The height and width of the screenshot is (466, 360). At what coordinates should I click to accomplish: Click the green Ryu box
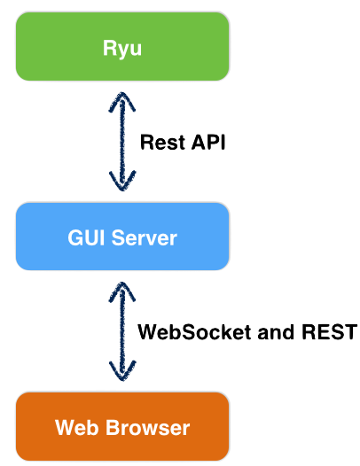click(x=122, y=46)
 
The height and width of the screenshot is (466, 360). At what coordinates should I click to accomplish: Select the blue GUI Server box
click(x=122, y=237)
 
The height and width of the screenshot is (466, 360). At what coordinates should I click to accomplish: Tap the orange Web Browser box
click(x=122, y=426)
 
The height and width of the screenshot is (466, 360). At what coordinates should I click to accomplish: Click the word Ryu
click(x=122, y=49)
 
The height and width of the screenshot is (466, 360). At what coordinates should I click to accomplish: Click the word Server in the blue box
click(x=145, y=237)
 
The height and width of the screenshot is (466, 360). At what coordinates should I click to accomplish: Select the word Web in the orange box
click(x=77, y=427)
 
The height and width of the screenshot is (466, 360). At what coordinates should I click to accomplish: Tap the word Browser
click(x=148, y=427)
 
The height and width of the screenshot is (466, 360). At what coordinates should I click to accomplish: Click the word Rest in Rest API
click(x=163, y=142)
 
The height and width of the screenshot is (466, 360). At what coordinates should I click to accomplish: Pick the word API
click(x=208, y=142)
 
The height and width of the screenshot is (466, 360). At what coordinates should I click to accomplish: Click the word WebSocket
click(x=194, y=331)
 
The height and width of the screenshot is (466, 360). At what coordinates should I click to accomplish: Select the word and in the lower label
click(x=276, y=331)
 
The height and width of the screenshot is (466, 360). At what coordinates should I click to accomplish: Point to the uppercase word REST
click(x=329, y=331)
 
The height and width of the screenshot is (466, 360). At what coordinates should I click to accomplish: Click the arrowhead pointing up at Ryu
click(x=122, y=101)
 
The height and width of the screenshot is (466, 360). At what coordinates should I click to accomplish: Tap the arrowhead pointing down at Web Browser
click(x=122, y=371)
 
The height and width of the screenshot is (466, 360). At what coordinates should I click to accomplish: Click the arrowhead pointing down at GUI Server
click(x=122, y=182)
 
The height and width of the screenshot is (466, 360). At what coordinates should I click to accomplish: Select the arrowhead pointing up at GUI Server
click(x=122, y=291)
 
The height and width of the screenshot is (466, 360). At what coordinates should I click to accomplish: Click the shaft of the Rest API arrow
click(x=122, y=142)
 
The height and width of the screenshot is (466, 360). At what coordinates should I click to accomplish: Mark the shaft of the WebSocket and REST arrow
click(x=122, y=331)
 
